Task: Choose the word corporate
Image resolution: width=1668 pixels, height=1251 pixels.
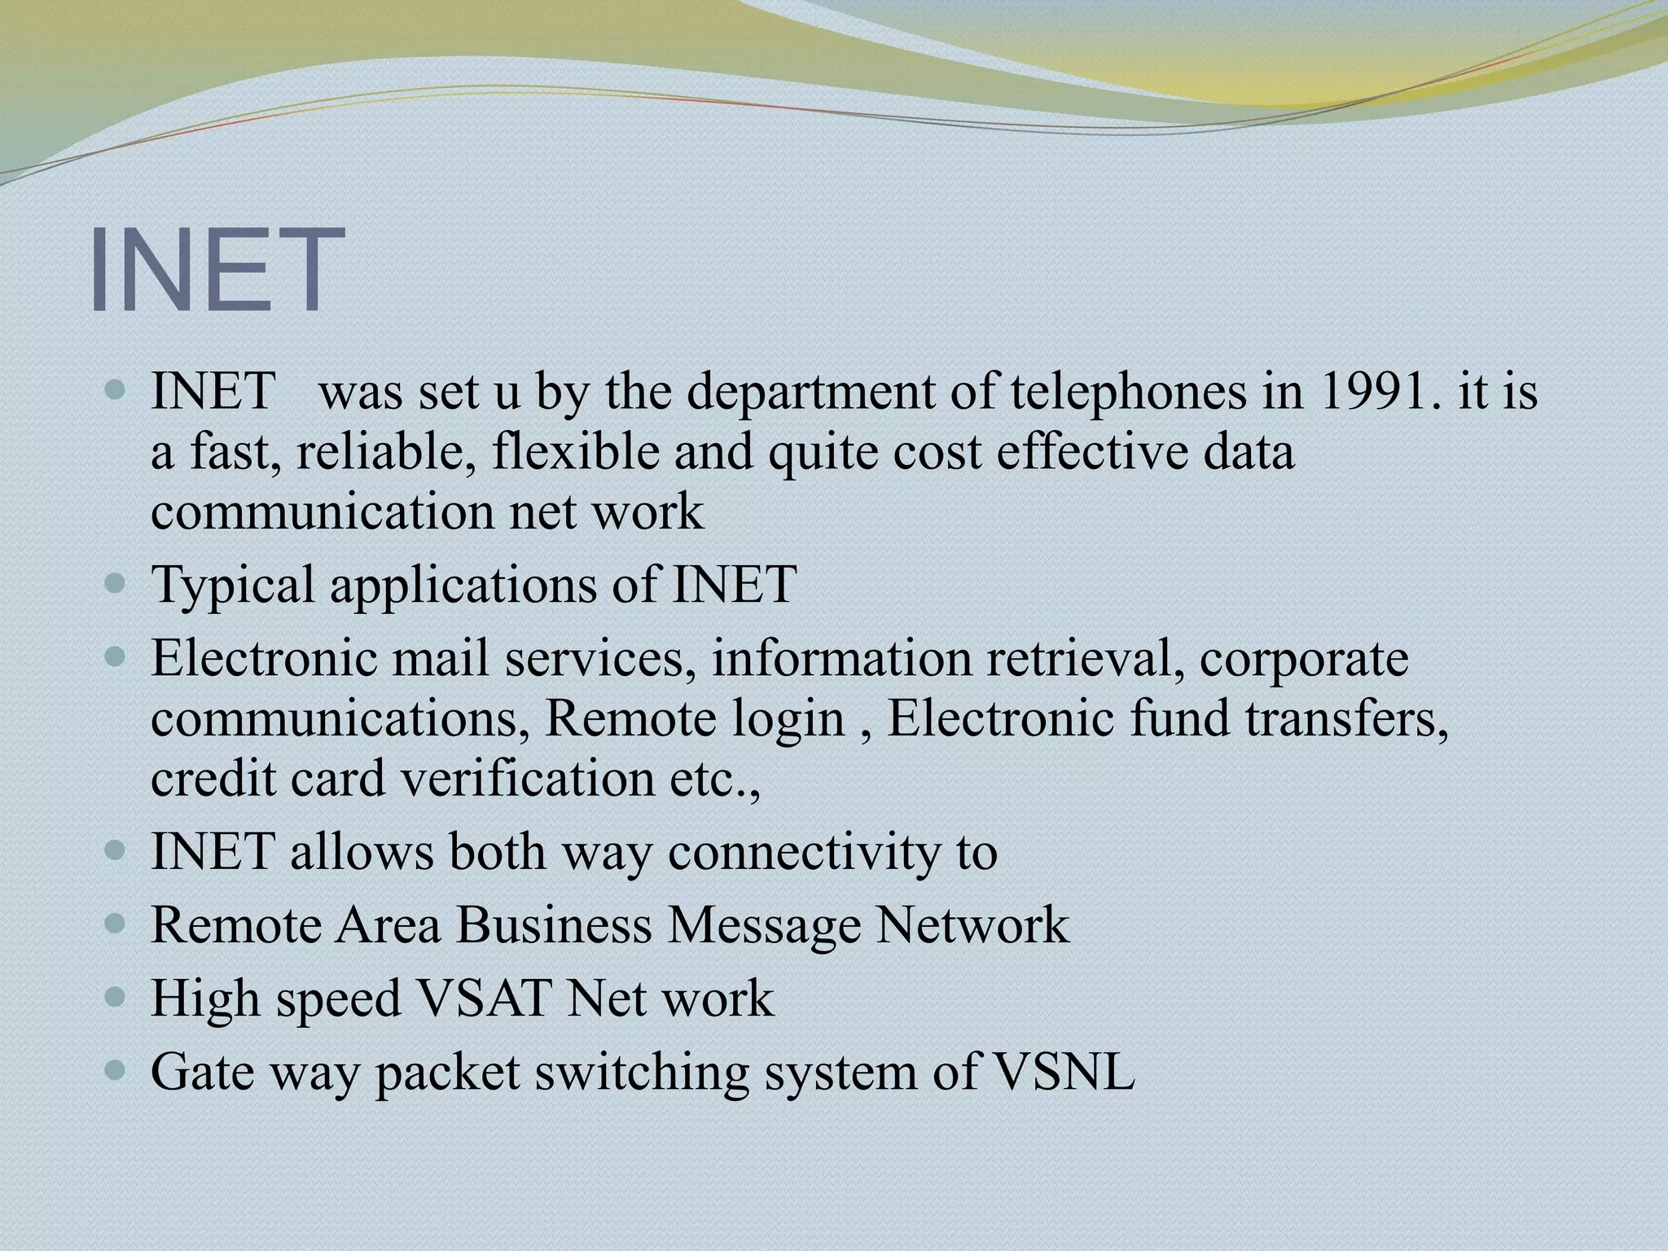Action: (x=1304, y=658)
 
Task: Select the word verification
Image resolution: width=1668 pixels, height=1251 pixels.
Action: (x=528, y=779)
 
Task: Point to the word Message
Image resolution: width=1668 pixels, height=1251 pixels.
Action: (x=764, y=925)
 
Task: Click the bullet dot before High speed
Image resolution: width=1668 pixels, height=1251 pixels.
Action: (x=116, y=997)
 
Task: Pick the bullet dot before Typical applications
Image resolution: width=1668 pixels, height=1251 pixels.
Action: (x=116, y=583)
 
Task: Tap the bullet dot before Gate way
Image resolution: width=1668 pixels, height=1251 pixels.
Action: (x=116, y=1070)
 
